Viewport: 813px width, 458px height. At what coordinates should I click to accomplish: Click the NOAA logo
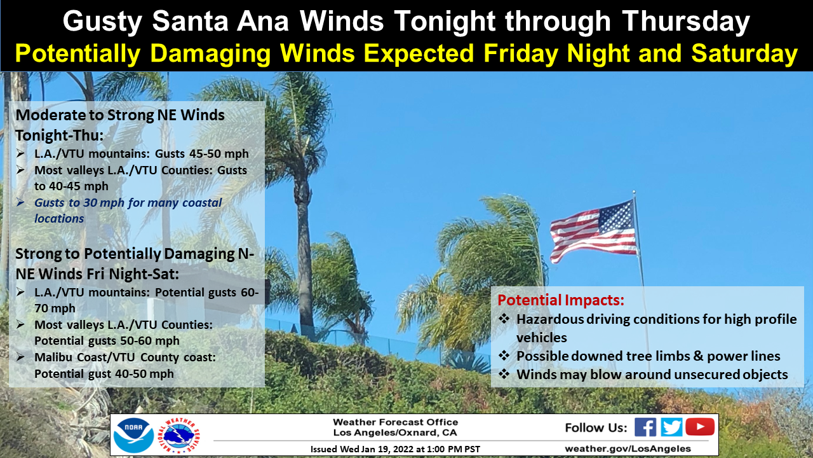pos(133,435)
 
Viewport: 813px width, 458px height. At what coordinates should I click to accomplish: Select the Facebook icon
pos(645,427)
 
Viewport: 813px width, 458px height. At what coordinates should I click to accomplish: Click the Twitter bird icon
pos(671,427)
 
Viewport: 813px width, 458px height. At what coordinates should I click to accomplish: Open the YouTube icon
pos(700,427)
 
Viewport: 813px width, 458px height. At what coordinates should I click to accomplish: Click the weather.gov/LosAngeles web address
pos(628,449)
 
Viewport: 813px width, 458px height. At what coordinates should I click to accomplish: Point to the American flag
pos(593,231)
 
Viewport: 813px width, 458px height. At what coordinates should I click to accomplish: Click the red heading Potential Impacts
pos(561,300)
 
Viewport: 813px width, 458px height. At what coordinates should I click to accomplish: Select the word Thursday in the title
pos(685,22)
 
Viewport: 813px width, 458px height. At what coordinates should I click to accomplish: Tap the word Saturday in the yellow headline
pos(744,54)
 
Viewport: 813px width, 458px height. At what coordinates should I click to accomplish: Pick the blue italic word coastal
pos(202,202)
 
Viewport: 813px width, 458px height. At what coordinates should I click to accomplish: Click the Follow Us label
pos(596,428)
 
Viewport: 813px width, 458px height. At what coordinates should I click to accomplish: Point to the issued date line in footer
pos(395,449)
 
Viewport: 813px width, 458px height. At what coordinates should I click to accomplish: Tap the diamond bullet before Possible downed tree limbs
pos(504,355)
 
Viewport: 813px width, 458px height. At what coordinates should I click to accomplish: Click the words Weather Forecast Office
pos(395,422)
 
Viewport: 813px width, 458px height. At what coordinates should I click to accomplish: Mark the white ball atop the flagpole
pos(634,191)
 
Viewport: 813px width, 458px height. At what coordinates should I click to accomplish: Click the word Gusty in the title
pos(103,22)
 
